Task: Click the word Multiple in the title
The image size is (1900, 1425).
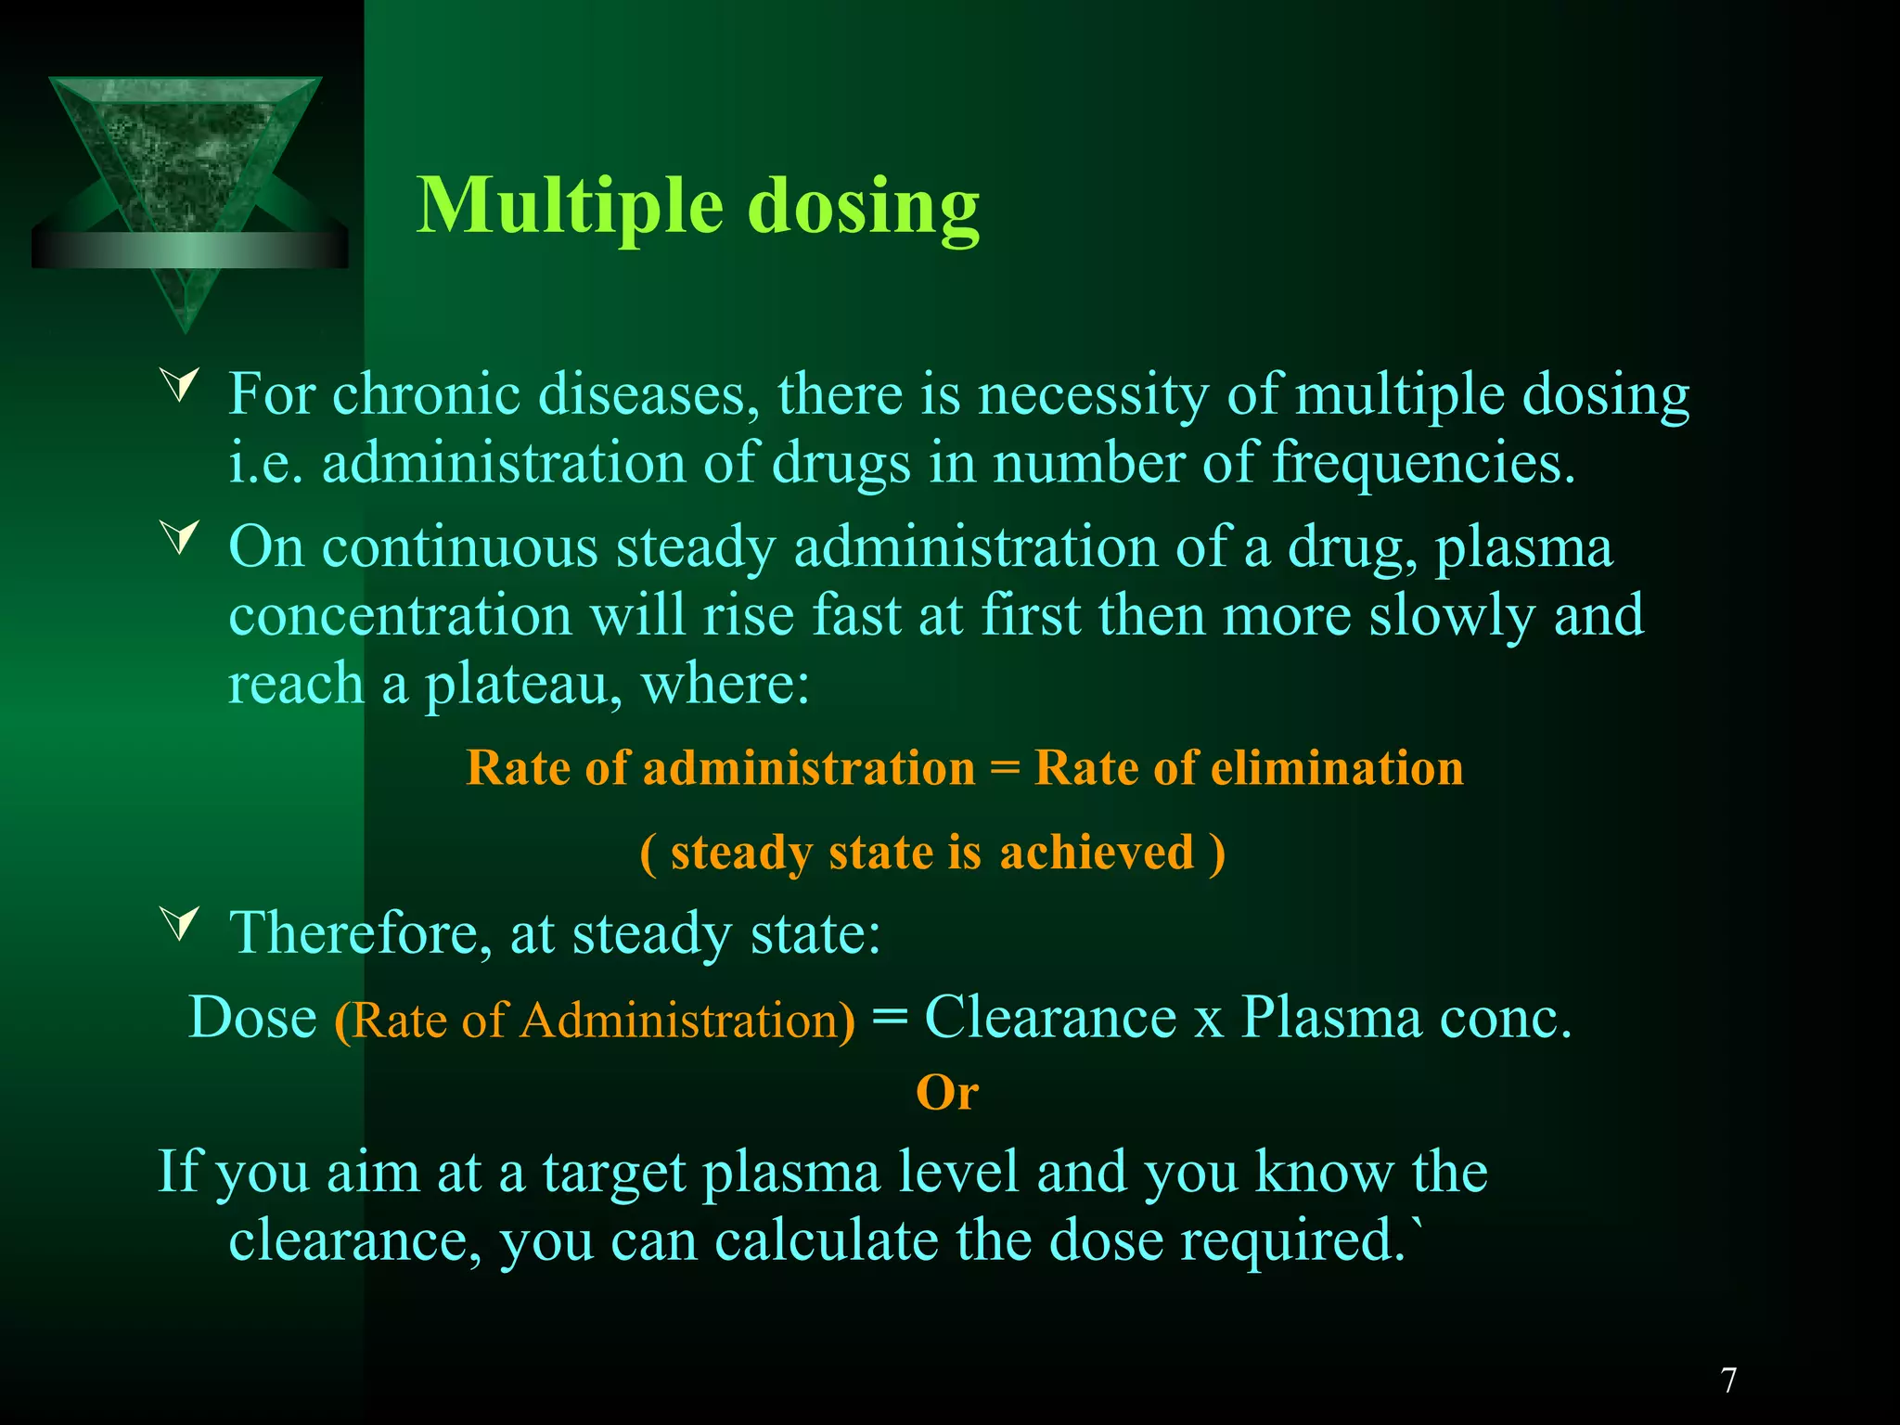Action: tap(569, 207)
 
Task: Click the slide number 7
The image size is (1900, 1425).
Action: tap(1728, 1380)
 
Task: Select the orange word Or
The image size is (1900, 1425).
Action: tap(946, 1093)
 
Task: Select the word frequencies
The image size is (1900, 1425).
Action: tap(1423, 462)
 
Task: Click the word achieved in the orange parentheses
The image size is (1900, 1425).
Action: tap(1097, 852)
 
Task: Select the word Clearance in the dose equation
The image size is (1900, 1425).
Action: tap(1050, 1017)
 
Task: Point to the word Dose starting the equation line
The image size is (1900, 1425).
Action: tap(252, 1017)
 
